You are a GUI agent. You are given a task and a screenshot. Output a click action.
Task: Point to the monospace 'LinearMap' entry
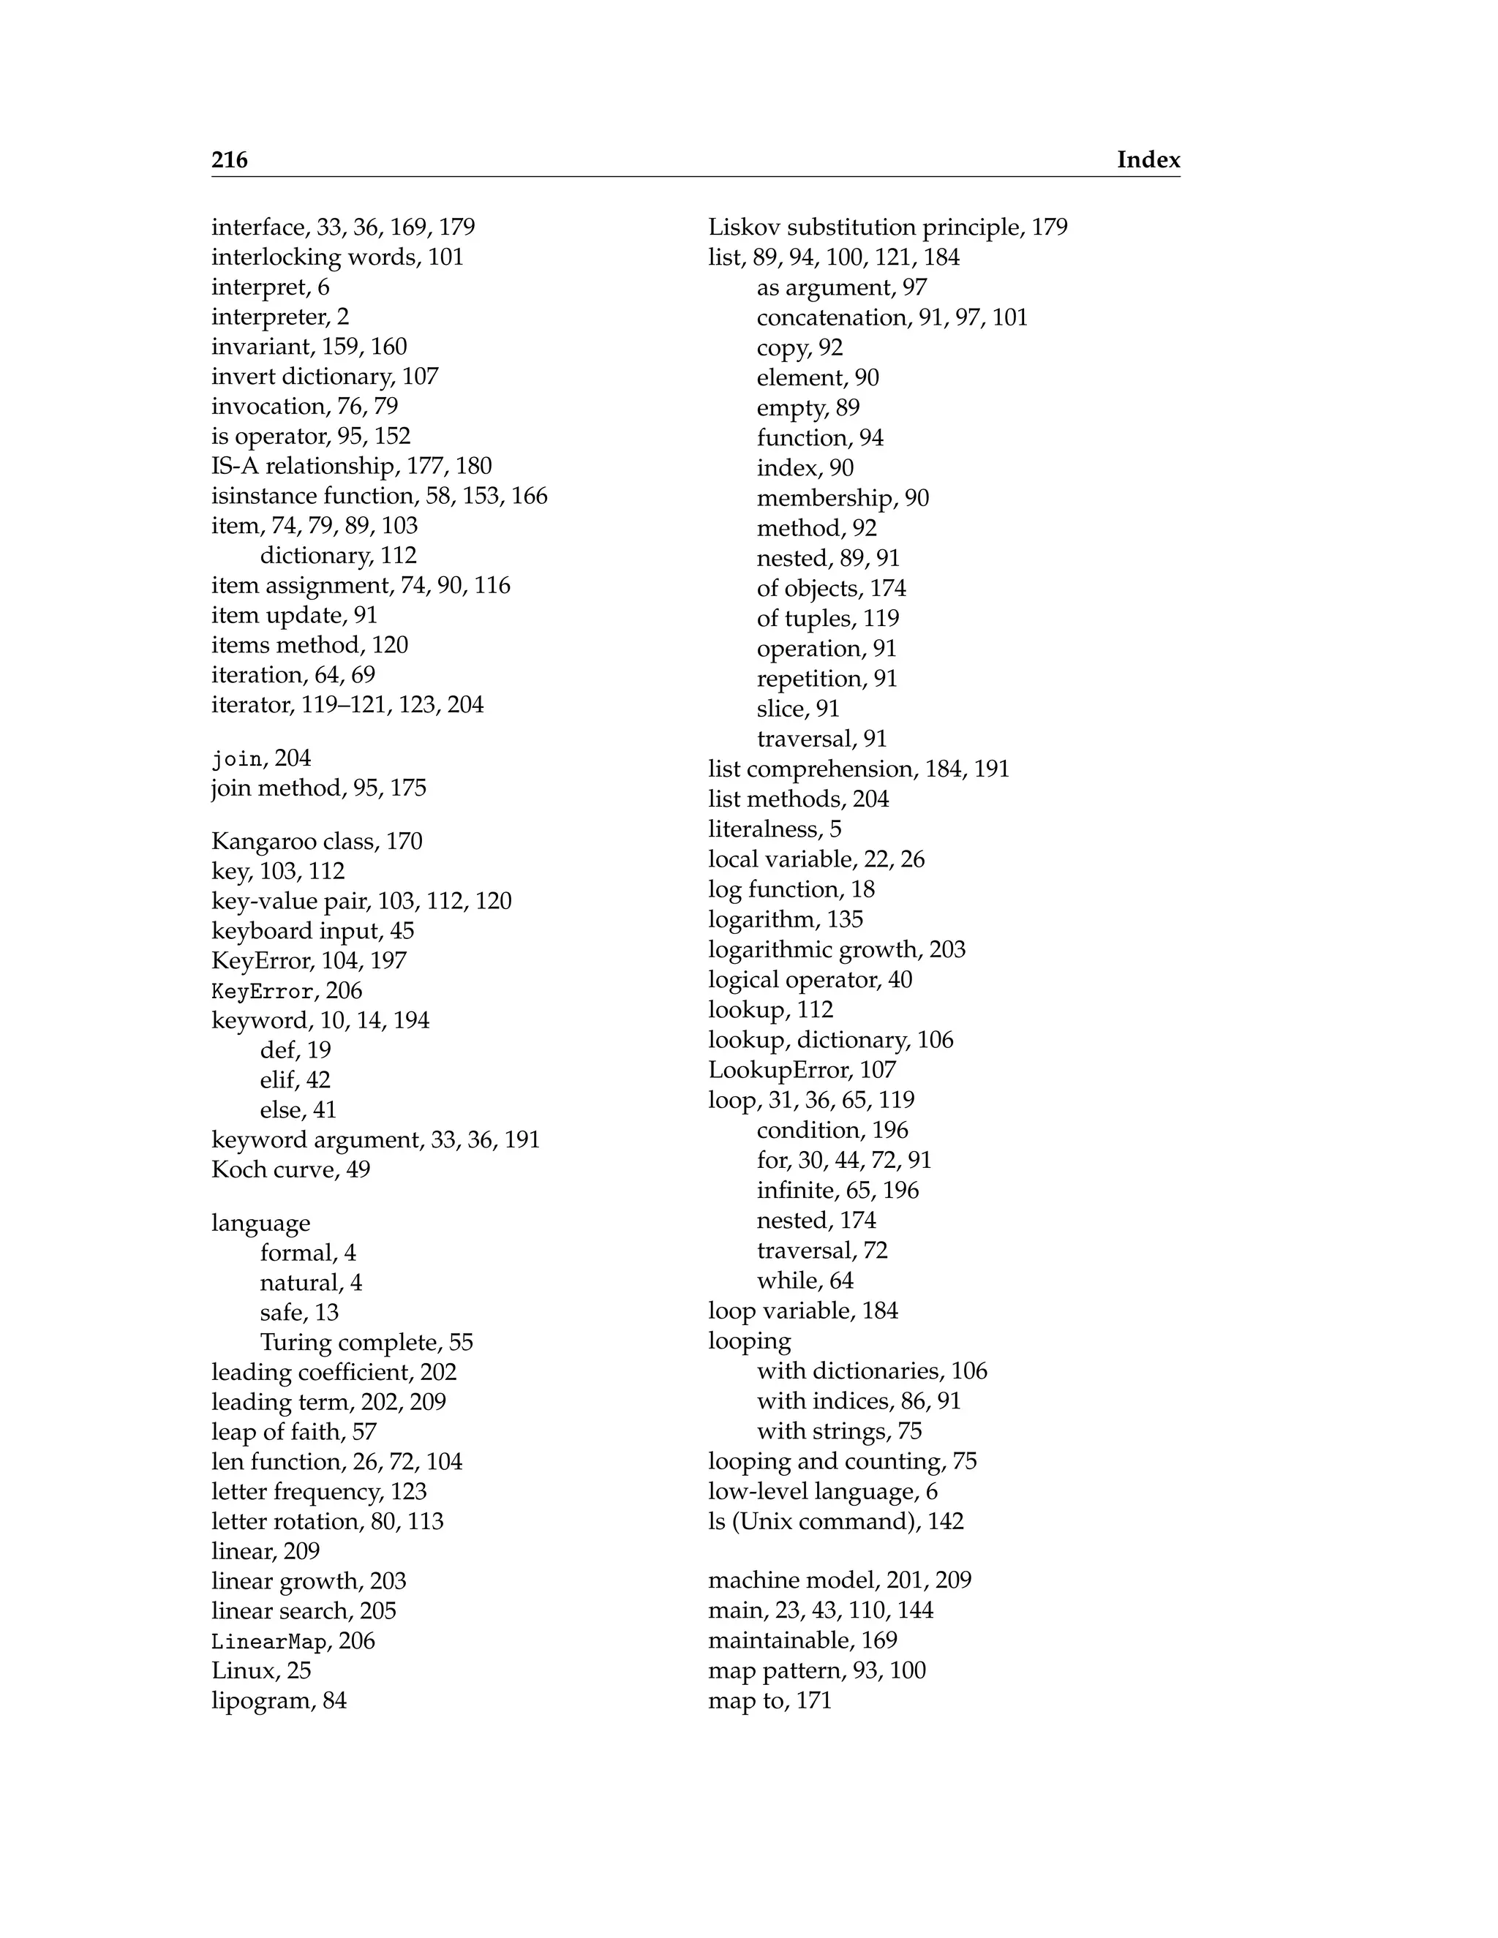click(269, 1641)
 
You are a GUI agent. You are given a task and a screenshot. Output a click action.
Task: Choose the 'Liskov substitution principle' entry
click(867, 227)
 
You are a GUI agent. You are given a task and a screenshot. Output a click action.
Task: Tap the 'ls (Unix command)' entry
click(815, 1521)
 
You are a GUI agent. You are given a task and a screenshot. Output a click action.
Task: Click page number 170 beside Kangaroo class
click(404, 840)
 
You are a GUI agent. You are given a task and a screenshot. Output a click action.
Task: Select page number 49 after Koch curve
click(358, 1169)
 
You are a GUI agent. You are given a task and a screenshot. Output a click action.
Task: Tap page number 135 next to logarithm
click(844, 919)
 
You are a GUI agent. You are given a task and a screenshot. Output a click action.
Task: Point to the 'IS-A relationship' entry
click(302, 466)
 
